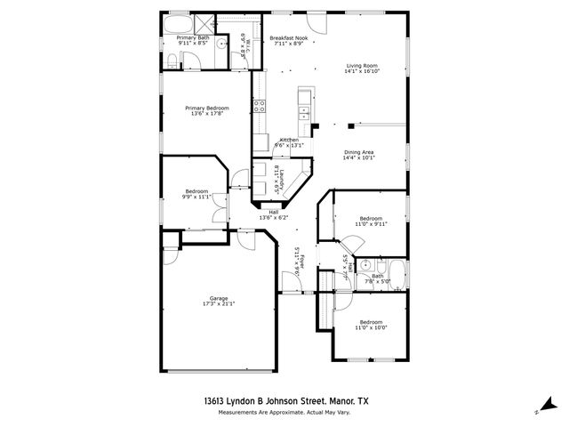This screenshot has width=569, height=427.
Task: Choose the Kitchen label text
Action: point(290,140)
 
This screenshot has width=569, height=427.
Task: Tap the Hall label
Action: point(274,212)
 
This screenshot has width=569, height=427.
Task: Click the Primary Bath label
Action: point(192,37)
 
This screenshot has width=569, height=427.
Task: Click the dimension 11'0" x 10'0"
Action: point(371,327)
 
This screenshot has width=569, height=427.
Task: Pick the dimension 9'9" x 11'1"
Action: point(196,197)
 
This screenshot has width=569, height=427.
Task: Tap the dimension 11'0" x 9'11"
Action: point(371,224)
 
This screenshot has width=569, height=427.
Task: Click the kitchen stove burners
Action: point(260,106)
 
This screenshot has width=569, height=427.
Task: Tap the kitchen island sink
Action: point(305,112)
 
